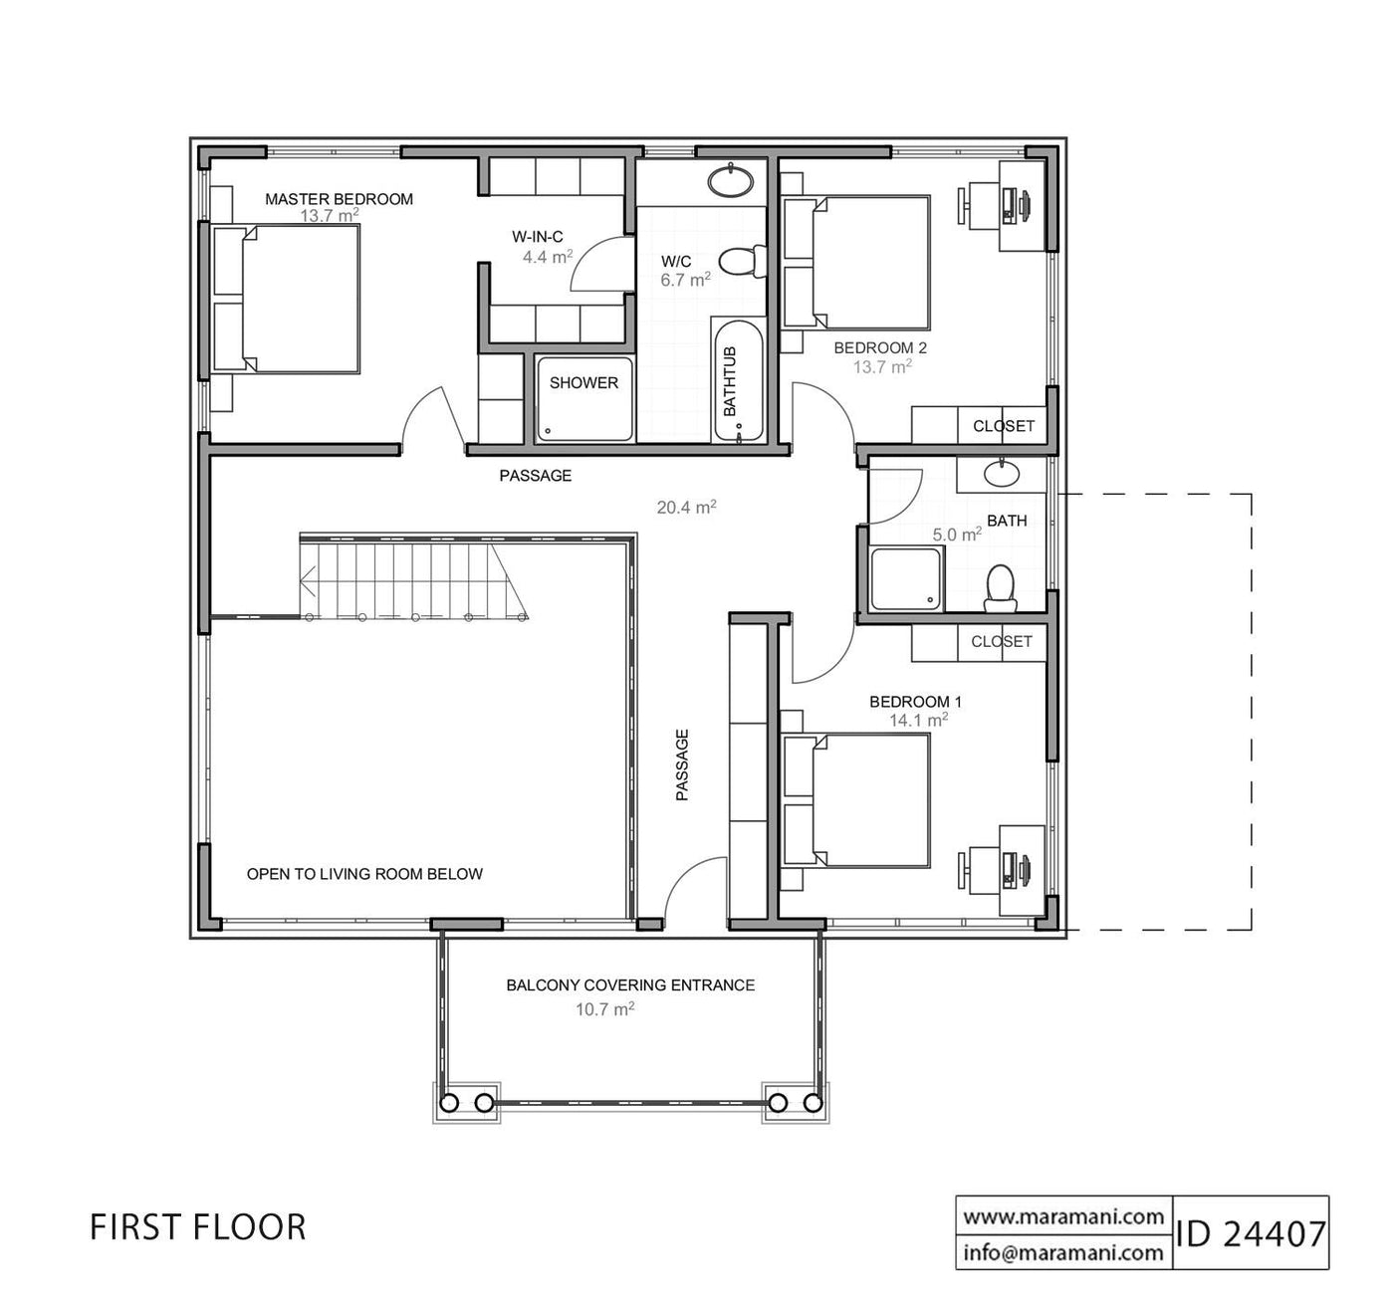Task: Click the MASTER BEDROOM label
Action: [x=339, y=199]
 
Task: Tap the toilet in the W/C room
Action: [x=740, y=261]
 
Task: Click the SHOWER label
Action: [x=583, y=383]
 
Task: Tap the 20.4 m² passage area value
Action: [x=686, y=507]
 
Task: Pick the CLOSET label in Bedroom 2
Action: [x=1004, y=426]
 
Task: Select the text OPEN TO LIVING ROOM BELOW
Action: [x=364, y=874]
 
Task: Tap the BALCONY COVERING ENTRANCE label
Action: [x=630, y=985]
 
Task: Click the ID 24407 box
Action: [x=1251, y=1233]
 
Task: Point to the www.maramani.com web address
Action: [x=1064, y=1215]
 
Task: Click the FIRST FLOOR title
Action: [x=197, y=1227]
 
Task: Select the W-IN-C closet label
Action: [x=538, y=237]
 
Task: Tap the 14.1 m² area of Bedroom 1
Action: [x=918, y=720]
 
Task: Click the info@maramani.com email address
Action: [x=1064, y=1251]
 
